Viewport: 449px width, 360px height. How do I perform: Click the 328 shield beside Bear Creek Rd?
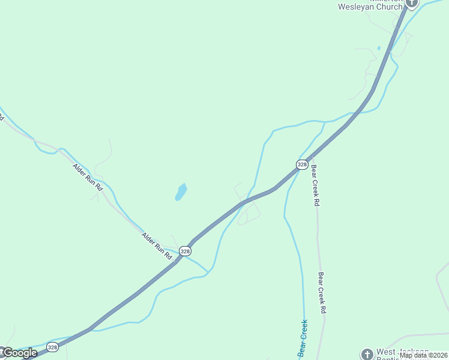[x=302, y=164]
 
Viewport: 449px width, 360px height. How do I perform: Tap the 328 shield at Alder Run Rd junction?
[x=185, y=251]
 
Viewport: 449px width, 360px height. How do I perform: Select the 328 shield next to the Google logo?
[x=52, y=347]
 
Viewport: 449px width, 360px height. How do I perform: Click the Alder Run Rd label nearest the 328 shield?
[x=157, y=246]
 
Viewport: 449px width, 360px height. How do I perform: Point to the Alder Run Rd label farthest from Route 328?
[x=88, y=178]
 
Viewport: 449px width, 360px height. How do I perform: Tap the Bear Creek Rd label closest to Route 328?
[x=314, y=186]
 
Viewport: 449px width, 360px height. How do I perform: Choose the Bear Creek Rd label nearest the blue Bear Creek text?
[x=322, y=293]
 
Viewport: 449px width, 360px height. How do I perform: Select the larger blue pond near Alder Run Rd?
[x=181, y=192]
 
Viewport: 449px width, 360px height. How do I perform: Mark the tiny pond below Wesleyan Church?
[x=379, y=48]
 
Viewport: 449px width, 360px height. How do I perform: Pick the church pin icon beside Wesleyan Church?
[x=411, y=3]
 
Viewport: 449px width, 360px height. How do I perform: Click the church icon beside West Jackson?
[x=366, y=353]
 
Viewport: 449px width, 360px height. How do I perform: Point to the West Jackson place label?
[x=402, y=352]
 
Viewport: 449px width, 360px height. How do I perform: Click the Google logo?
[x=20, y=353]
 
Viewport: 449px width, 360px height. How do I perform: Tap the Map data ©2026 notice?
[x=424, y=355]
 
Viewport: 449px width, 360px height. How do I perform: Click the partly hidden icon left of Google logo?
[x=2, y=350]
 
